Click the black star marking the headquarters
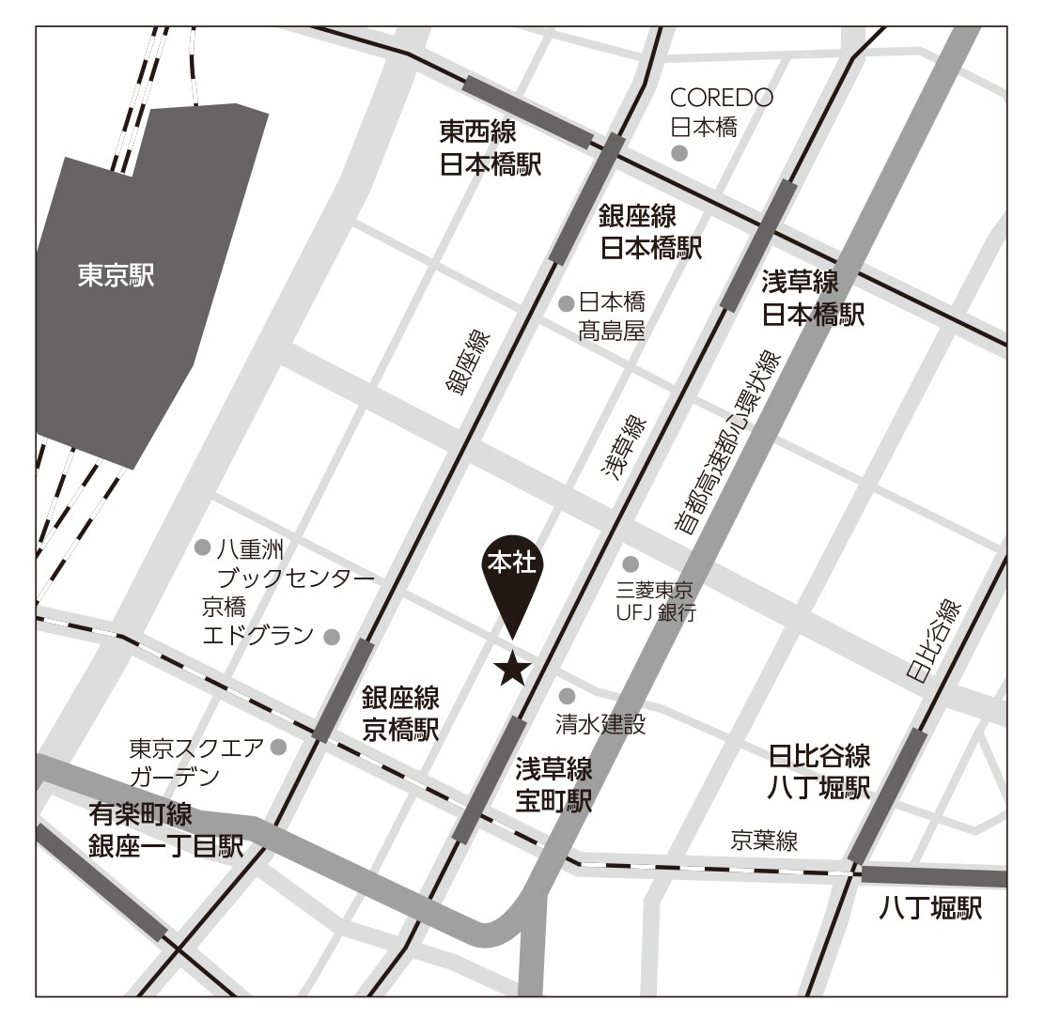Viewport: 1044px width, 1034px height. (512, 670)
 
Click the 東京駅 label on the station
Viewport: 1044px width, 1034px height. (116, 276)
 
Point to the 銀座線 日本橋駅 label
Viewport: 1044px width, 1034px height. (650, 232)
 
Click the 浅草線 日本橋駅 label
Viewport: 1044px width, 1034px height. (812, 298)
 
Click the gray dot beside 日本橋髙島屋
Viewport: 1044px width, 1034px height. (567, 303)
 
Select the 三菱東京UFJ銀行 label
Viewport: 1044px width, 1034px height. (655, 602)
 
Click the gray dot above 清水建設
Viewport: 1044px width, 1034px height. (567, 696)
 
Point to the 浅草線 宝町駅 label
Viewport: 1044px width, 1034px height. (553, 785)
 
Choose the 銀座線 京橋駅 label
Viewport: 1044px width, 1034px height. (400, 713)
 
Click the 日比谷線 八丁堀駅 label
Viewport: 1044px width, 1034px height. (818, 770)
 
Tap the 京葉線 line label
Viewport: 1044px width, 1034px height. (765, 841)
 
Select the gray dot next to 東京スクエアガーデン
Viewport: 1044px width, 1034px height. (278, 748)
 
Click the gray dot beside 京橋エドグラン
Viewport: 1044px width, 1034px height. (331, 637)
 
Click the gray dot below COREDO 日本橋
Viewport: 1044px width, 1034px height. (678, 153)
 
